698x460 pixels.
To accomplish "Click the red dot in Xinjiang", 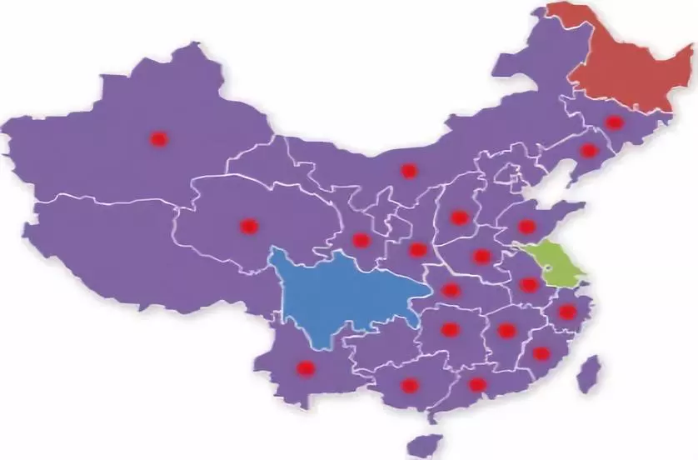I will [158, 139].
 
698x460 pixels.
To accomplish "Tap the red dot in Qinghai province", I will [249, 226].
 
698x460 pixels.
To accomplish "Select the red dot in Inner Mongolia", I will [408, 171].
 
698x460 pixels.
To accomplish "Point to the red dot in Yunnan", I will [306, 367].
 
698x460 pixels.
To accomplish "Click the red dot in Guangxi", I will [409, 385].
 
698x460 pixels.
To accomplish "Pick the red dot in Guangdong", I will [477, 384].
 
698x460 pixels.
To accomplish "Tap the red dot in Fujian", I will [541, 353].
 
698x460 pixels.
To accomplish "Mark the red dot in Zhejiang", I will [567, 312].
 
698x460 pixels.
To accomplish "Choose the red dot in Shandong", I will [526, 226].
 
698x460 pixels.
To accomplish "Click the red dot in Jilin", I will [614, 122].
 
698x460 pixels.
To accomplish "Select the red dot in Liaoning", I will [589, 151].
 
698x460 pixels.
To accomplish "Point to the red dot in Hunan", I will [450, 329].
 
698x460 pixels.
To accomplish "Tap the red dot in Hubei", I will [451, 290].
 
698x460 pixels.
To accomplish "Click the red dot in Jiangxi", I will [506, 331].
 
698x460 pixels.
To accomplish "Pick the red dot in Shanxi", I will [460, 217].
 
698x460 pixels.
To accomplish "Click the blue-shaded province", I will [342, 292].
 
